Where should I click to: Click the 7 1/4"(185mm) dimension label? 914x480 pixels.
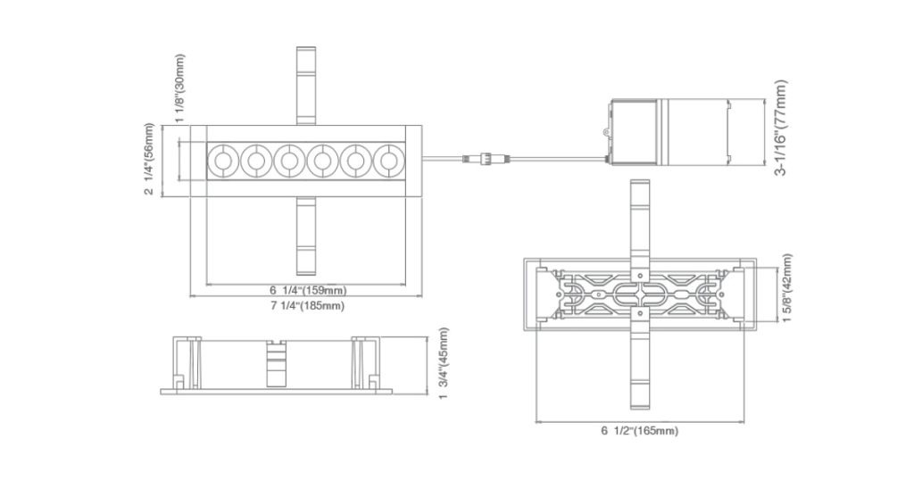(307, 306)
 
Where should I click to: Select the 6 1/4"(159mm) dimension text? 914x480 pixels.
(307, 291)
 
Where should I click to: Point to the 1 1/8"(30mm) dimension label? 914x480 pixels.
(180, 87)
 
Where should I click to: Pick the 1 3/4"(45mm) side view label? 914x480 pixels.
(444, 363)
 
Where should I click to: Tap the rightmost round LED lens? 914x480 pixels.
(388, 161)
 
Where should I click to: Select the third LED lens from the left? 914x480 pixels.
(288, 161)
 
